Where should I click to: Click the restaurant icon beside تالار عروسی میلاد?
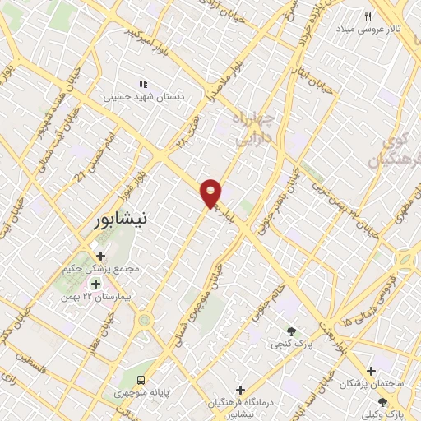point(368,16)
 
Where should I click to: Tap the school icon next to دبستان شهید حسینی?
point(142,84)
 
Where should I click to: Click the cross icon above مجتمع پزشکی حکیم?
point(100,256)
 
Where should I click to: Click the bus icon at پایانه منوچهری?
point(142,380)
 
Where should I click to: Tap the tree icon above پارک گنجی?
point(291,331)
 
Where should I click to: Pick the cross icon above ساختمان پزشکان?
point(372,372)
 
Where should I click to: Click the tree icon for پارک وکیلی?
point(382,400)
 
